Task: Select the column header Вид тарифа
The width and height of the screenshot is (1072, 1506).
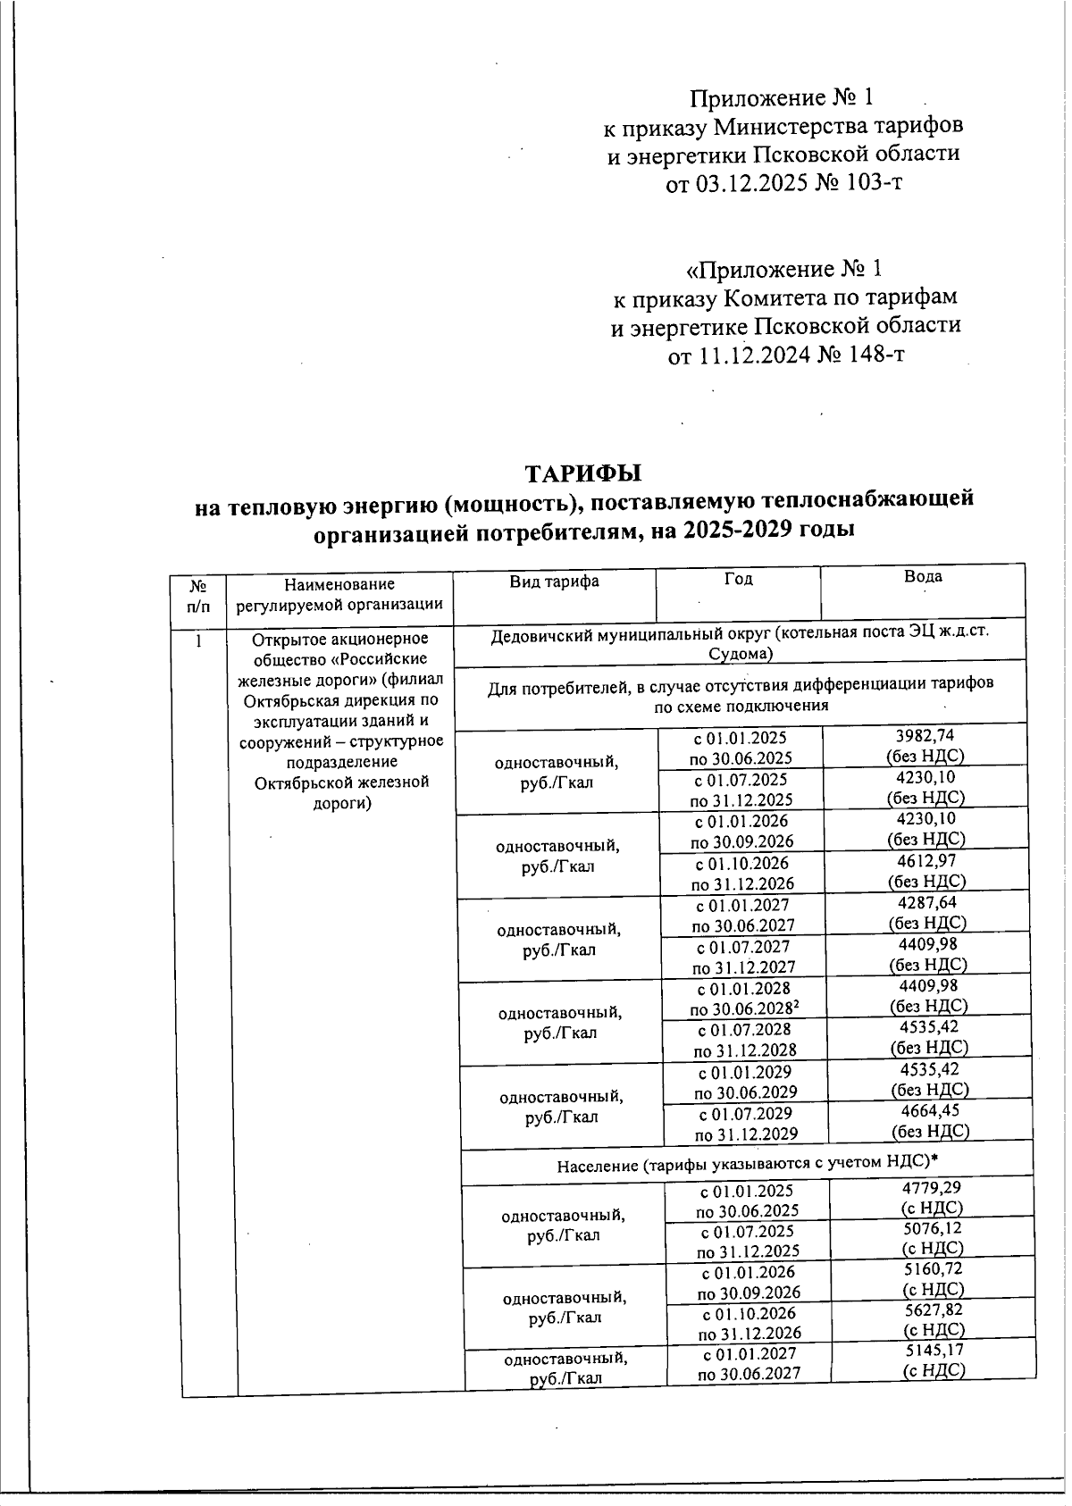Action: coord(554,581)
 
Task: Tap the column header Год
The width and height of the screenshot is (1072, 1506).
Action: coord(738,580)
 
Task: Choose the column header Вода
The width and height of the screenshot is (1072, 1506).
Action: coord(922,577)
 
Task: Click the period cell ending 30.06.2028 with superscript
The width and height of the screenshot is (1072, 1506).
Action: coord(745,1000)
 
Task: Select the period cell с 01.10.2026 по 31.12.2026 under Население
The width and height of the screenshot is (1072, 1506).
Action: coord(749,1324)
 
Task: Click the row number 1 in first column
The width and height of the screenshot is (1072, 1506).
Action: coord(200,640)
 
